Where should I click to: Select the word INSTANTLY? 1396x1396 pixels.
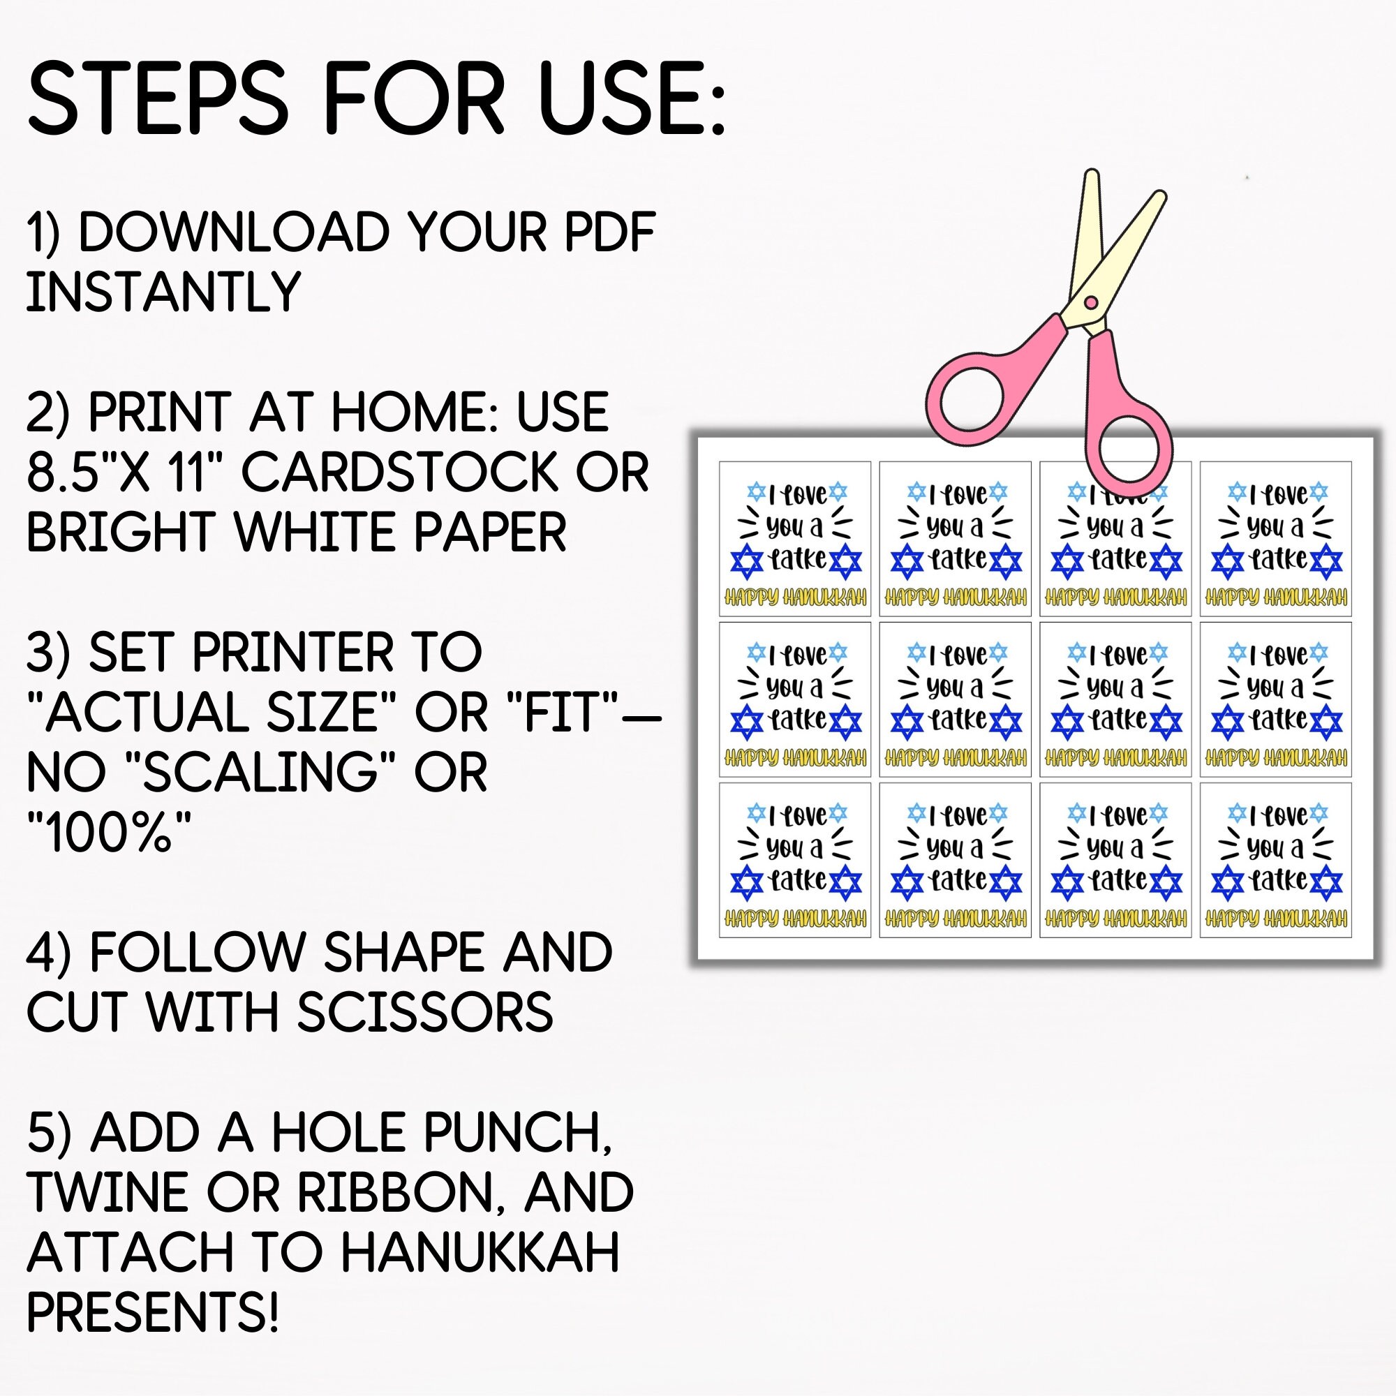pyautogui.click(x=163, y=291)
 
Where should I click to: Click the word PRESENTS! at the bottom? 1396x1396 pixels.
pyautogui.click(x=152, y=1312)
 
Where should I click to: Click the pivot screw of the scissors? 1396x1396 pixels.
pyautogui.click(x=1091, y=302)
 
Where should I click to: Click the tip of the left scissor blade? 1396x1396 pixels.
pyautogui.click(x=1092, y=173)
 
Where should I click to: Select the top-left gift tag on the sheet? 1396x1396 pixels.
pyautogui.click(x=795, y=539)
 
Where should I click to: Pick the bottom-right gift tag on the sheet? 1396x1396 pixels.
pyautogui.click(x=1275, y=860)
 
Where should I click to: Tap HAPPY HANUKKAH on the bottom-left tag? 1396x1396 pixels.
pyautogui.click(x=795, y=919)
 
